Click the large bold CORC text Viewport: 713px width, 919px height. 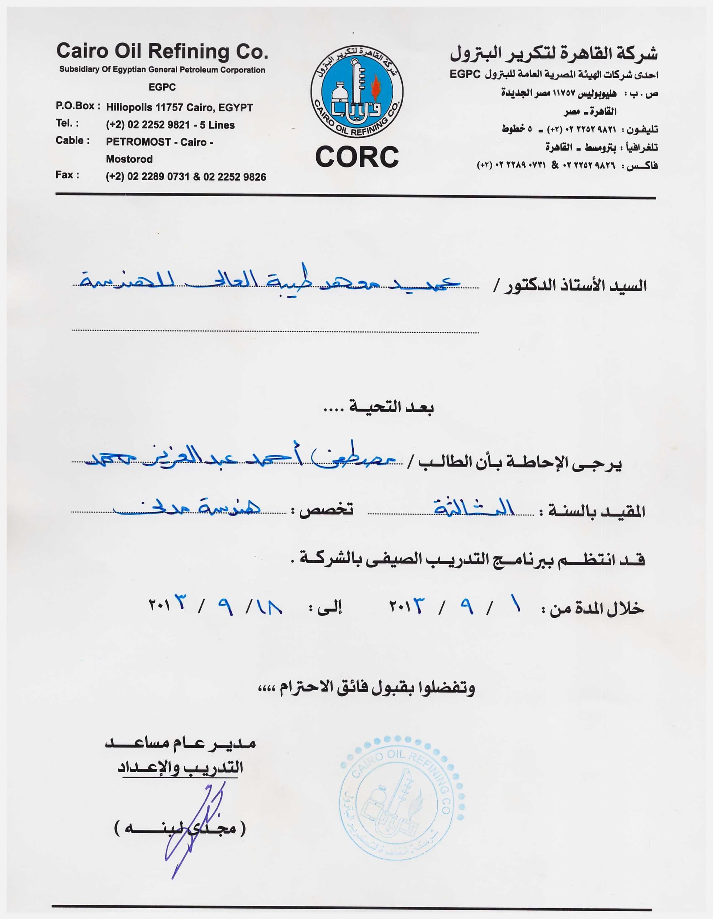[x=356, y=157]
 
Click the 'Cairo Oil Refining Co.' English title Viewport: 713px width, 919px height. [x=162, y=51]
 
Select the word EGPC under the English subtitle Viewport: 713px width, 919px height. [x=162, y=87]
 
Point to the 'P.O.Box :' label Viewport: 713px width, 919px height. [x=78, y=106]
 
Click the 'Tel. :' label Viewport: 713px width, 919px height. [x=67, y=123]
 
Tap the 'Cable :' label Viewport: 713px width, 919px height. [x=72, y=141]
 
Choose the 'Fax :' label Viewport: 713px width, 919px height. [x=67, y=175]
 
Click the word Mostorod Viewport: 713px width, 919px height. [x=129, y=159]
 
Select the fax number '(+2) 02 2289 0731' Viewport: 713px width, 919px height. [x=148, y=177]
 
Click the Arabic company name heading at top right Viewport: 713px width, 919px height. [x=554, y=54]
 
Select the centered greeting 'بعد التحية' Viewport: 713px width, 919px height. [x=378, y=407]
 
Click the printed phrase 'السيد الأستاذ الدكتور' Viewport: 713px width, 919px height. [x=570, y=286]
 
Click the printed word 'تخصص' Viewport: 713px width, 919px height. [x=326, y=510]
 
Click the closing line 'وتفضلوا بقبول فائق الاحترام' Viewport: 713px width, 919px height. [x=366, y=688]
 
